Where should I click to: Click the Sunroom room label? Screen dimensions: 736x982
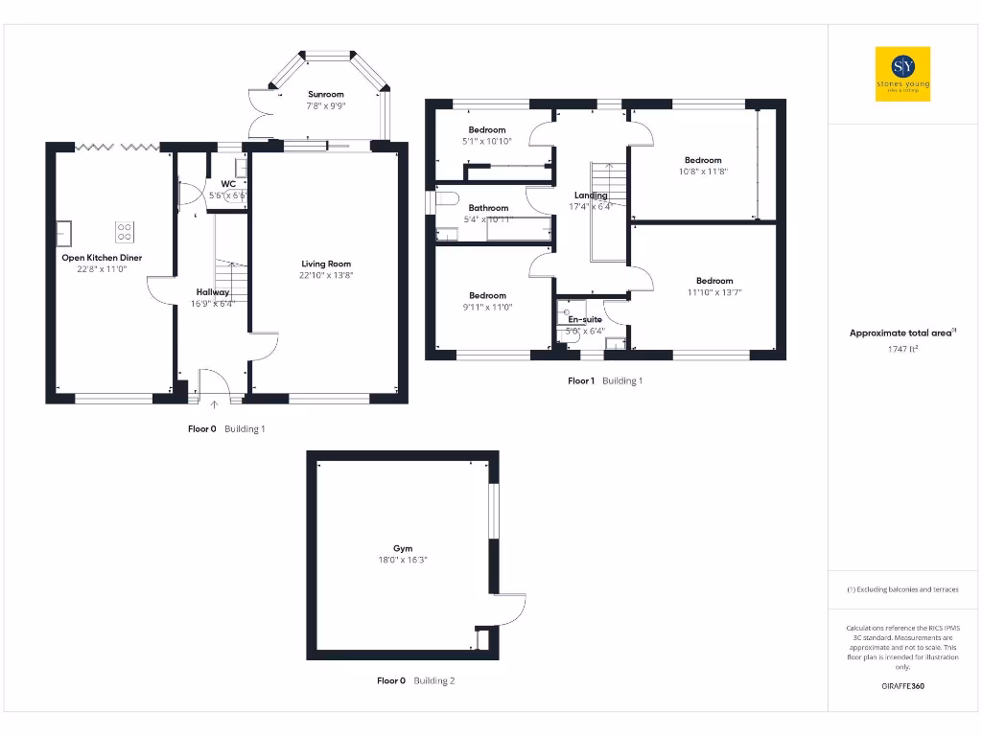click(326, 95)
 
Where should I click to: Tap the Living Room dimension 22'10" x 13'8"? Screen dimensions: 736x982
click(326, 276)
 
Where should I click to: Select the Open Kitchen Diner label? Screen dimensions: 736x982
click(102, 258)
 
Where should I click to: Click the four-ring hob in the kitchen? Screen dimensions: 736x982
click(125, 231)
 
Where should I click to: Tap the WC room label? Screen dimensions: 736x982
click(228, 183)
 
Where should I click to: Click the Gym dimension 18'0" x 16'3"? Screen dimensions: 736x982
click(403, 561)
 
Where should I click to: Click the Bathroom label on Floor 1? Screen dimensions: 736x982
click(488, 208)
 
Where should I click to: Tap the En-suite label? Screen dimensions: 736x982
click(585, 319)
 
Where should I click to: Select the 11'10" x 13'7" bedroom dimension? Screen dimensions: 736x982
click(714, 292)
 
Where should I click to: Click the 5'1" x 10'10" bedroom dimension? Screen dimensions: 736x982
click(487, 141)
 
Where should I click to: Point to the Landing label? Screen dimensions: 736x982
click(590, 195)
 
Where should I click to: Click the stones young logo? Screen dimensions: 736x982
click(902, 74)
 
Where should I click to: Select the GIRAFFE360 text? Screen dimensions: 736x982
click(902, 686)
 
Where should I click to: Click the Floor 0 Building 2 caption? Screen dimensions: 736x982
click(415, 680)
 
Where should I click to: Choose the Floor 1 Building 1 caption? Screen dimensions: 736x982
click(605, 380)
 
